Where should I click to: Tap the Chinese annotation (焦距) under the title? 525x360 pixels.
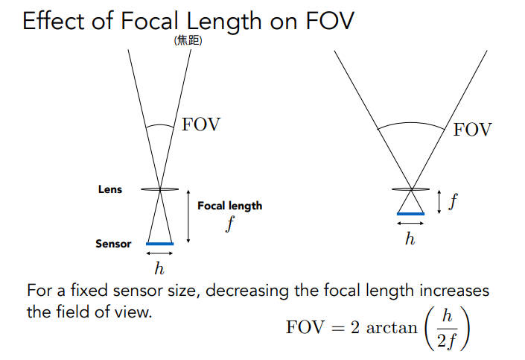pyautogui.click(x=188, y=42)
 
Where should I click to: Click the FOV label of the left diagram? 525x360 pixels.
pyautogui.click(x=201, y=124)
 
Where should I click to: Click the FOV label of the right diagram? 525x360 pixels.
pyautogui.click(x=472, y=130)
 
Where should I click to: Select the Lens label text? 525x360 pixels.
pyautogui.click(x=110, y=189)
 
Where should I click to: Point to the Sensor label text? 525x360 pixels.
pyautogui.click(x=113, y=244)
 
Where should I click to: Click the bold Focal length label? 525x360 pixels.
pyautogui.click(x=229, y=206)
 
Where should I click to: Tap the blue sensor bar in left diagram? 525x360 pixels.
pyautogui.click(x=160, y=244)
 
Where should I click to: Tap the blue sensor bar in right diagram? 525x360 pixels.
pyautogui.click(x=410, y=214)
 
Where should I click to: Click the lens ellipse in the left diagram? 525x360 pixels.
pyautogui.click(x=161, y=189)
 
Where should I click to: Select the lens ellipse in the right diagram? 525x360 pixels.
pyautogui.click(x=411, y=189)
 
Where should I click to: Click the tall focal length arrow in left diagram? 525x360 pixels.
pyautogui.click(x=188, y=216)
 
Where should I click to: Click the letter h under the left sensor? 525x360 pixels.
pyautogui.click(x=159, y=267)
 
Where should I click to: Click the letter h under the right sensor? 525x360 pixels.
pyautogui.click(x=410, y=239)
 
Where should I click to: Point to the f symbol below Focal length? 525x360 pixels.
pyautogui.click(x=230, y=224)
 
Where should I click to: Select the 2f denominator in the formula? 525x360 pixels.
pyautogui.click(x=447, y=341)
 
